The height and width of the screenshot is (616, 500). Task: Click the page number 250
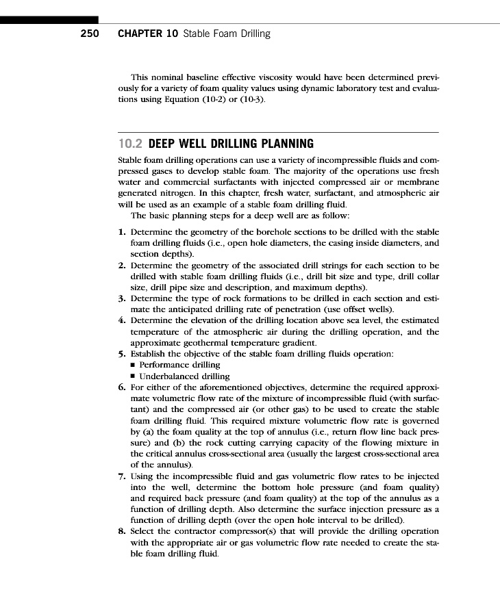pyautogui.click(x=89, y=34)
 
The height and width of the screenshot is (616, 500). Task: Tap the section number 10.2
pyautogui.click(x=130, y=144)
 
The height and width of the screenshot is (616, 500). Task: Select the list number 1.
pyautogui.click(x=122, y=232)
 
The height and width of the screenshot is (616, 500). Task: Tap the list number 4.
pyautogui.click(x=122, y=320)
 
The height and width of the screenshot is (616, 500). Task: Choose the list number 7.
pyautogui.click(x=122, y=475)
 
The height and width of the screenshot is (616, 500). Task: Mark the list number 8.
pyautogui.click(x=122, y=530)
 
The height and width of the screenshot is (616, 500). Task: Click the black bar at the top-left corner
pyautogui.click(x=49, y=21)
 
